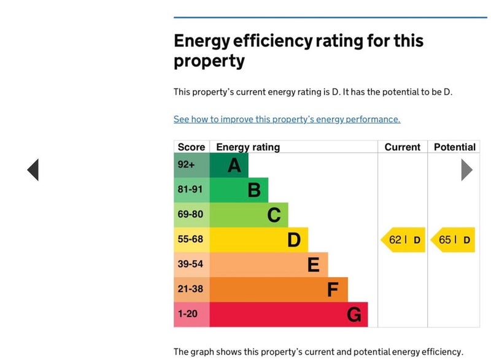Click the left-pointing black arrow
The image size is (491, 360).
[33, 170]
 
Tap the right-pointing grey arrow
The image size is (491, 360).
[466, 170]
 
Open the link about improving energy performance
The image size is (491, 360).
[287, 120]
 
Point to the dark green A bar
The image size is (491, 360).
[229, 165]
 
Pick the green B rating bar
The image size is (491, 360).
[239, 190]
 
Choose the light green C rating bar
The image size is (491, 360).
[249, 215]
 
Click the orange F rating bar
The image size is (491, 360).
[279, 289]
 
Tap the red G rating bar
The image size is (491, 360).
[288, 315]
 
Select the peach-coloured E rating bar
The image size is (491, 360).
[269, 264]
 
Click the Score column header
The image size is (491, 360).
[191, 147]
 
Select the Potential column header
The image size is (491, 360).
[454, 147]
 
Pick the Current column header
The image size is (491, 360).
[402, 147]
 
